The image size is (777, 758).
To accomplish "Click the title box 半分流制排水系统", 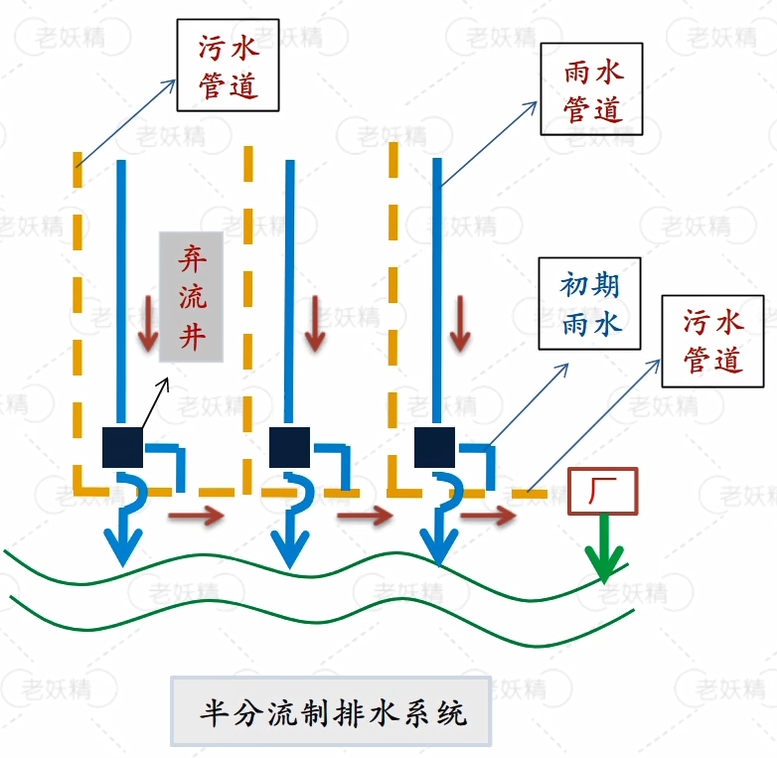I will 331,711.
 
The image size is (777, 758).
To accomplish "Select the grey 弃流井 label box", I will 191,297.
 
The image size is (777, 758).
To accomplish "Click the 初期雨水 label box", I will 589,303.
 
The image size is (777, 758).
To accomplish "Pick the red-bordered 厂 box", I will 602,491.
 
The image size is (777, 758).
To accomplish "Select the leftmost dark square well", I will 123,447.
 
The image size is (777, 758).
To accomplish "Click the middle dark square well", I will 290,447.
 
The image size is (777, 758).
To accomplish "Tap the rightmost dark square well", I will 435,447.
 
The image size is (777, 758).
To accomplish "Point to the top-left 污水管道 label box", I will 228,65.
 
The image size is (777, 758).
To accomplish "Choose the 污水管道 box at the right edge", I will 712,340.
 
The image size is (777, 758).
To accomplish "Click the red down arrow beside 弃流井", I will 148,320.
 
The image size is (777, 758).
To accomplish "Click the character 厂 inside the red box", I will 602,491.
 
